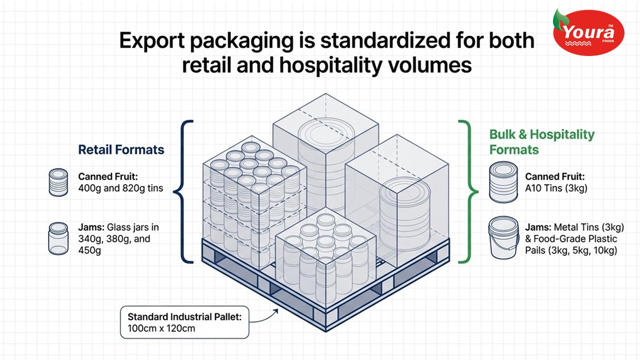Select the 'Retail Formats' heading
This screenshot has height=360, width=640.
tap(121, 149)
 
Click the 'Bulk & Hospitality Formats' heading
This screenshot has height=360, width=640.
tap(541, 142)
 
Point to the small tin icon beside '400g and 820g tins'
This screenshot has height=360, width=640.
tap(58, 182)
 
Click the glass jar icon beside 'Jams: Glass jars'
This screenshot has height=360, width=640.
tap(58, 238)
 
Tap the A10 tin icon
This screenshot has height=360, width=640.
tap(503, 182)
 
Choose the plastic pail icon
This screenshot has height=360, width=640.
tap(503, 237)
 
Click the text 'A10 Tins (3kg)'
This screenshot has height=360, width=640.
tap(556, 188)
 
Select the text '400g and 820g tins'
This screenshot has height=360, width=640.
tap(120, 188)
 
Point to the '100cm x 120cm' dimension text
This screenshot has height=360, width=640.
tap(161, 328)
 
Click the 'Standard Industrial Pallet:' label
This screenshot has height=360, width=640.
tap(184, 317)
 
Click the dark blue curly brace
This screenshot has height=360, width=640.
tap(183, 191)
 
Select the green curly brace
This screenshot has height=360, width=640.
tap(468, 191)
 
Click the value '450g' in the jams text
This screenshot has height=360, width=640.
tap(89, 250)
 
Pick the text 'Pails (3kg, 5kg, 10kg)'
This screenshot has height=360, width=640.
tap(571, 250)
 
